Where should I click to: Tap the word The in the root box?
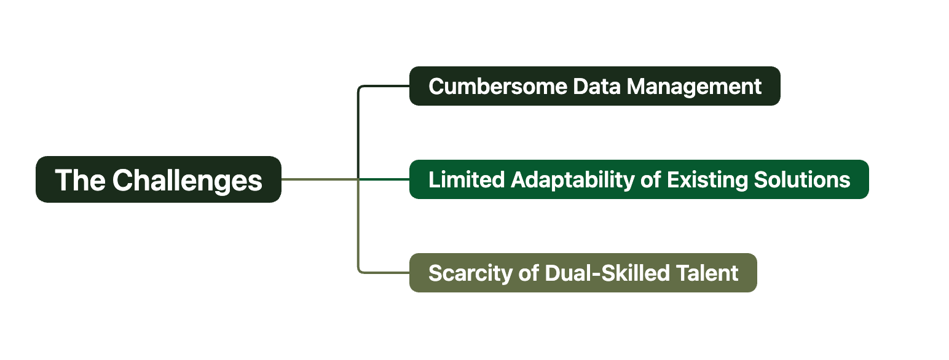click(80, 180)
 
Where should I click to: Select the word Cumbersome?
click(498, 87)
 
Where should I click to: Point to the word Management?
click(694, 87)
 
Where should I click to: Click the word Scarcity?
click(470, 273)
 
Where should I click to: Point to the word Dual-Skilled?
click(607, 273)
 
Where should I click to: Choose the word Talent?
click(707, 273)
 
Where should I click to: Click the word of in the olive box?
click(529, 273)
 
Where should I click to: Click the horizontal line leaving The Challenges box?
click(320, 179)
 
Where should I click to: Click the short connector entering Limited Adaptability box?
click(384, 179)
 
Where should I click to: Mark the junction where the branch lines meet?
click(358, 179)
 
